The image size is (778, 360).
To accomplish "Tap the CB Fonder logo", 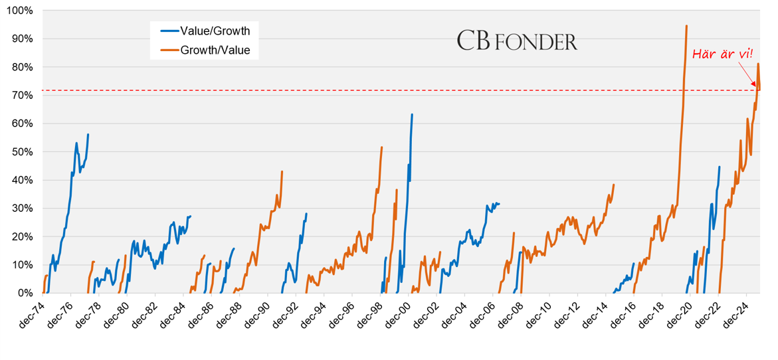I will (517, 41).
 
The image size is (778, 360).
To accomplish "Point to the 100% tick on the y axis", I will (21, 11).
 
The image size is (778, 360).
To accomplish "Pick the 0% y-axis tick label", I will (25, 293).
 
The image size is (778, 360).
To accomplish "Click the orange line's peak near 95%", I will (686, 26).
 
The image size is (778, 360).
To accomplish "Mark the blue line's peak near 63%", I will (412, 114).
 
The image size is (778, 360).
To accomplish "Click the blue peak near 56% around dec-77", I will (88, 135).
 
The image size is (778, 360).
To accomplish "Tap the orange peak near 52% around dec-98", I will (381, 147).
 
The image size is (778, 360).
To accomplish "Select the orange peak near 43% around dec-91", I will (282, 171).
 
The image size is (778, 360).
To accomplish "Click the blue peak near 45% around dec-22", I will (720, 167).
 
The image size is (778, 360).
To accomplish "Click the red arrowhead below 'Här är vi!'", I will (755, 86).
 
